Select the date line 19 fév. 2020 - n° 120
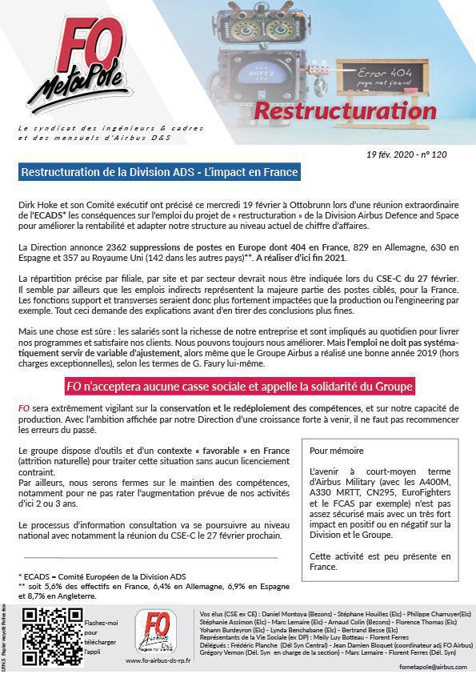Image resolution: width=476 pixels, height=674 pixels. (407, 153)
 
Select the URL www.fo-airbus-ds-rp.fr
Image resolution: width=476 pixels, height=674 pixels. (159, 660)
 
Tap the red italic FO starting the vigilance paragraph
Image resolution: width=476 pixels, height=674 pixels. (23, 409)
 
